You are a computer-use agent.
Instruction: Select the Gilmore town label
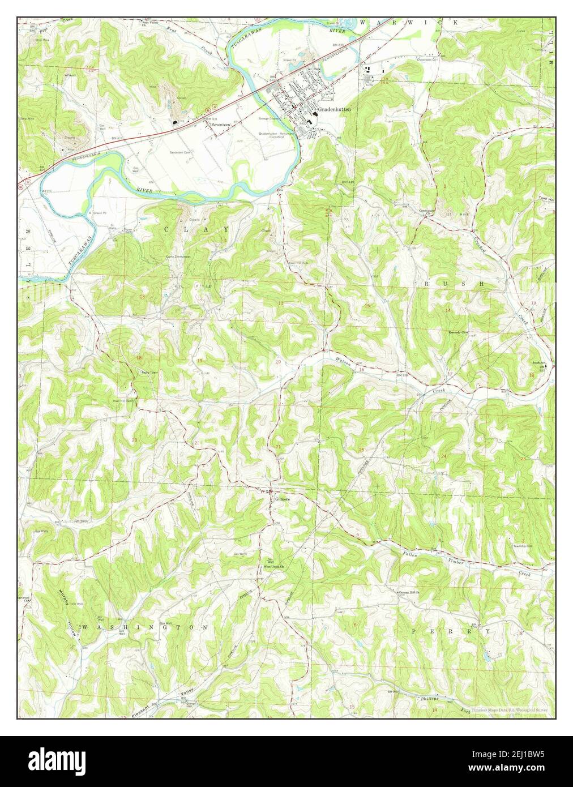283,499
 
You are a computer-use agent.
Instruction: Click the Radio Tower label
149,372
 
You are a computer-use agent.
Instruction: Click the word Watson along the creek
344,360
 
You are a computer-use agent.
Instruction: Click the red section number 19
199,361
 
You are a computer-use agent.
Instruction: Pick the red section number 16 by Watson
361,370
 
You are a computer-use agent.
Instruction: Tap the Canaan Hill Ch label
412,593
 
